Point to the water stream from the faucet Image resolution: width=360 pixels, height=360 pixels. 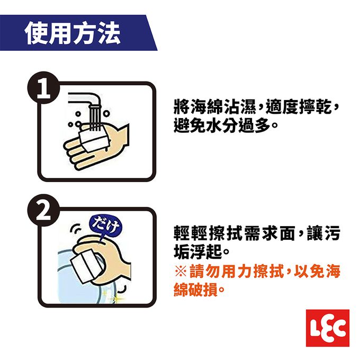click(x=93, y=120)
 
